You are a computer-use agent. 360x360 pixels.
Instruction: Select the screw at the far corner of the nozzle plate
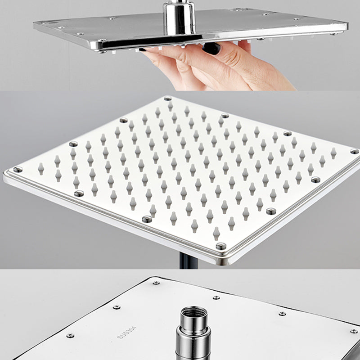pos(167,99)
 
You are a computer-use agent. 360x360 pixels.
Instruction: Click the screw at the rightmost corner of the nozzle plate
pos(354,151)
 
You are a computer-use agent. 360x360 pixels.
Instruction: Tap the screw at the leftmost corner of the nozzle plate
pos(17,170)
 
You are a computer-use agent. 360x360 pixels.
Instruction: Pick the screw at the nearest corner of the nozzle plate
pos(220,246)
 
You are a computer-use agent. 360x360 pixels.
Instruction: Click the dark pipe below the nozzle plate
pos(185,263)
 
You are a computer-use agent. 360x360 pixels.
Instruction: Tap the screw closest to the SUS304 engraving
pos(116,307)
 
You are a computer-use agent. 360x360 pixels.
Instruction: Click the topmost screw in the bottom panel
pos(156,283)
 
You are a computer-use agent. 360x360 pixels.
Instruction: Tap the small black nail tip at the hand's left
pos(143,49)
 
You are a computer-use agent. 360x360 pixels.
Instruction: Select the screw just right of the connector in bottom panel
pos(282,313)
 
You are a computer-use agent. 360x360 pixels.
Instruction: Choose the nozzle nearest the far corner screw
pos(170,107)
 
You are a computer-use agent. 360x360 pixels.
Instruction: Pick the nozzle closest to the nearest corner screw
pos(217,233)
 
